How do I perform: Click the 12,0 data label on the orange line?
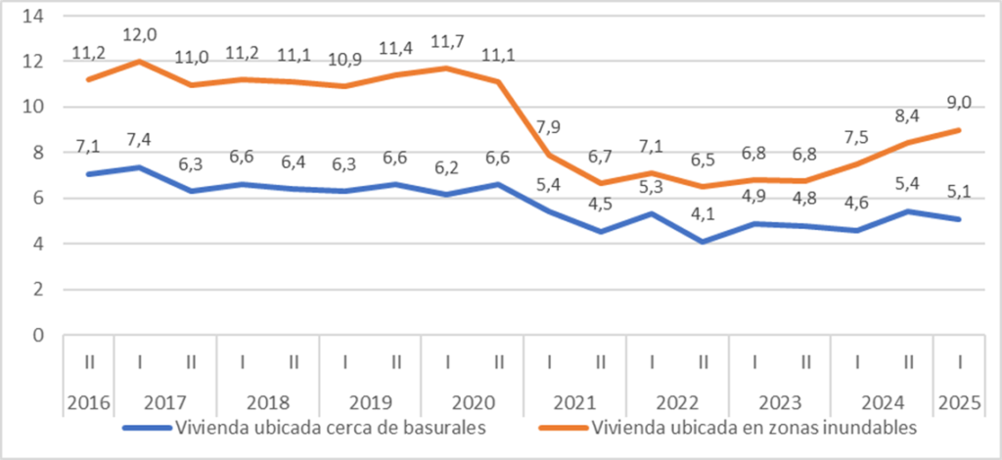140,35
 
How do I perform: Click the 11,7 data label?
447,42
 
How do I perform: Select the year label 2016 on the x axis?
89,401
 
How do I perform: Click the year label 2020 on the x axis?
473,401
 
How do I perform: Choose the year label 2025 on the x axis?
959,401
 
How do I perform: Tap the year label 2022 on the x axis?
677,401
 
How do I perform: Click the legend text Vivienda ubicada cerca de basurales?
330,427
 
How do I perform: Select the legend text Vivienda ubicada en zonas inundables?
753,427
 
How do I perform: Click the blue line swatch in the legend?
147,428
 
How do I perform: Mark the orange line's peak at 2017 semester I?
140,62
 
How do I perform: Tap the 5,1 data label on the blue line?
959,194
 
